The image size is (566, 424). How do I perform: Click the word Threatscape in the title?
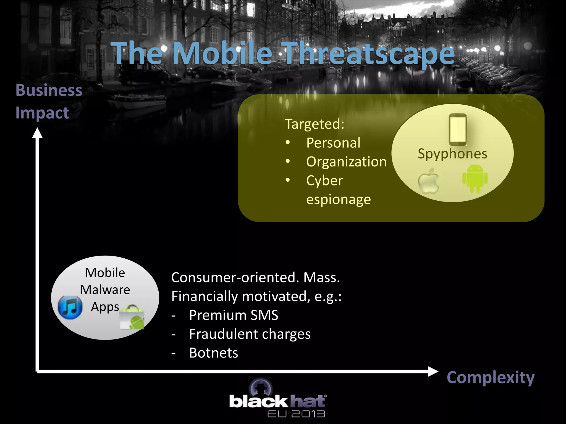(x=369, y=53)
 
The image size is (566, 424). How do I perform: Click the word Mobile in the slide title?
(x=222, y=53)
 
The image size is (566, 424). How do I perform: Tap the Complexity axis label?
(x=491, y=377)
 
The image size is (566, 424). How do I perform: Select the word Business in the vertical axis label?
(x=49, y=90)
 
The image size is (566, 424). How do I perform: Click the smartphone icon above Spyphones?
(x=458, y=129)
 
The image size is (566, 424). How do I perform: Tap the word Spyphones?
(x=452, y=153)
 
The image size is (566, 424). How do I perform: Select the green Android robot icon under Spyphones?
(x=475, y=178)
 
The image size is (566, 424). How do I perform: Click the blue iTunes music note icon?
(x=70, y=307)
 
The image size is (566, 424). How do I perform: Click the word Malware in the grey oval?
(x=105, y=290)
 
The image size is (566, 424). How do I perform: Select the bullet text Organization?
(x=346, y=162)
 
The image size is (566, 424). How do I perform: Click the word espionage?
(x=339, y=199)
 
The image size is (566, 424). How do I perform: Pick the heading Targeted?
(x=315, y=124)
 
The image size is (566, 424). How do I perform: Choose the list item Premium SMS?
(x=234, y=315)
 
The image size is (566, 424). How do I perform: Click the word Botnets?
(x=213, y=353)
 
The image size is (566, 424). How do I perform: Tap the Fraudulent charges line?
(x=250, y=334)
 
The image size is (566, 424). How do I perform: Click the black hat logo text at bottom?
(x=277, y=402)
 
